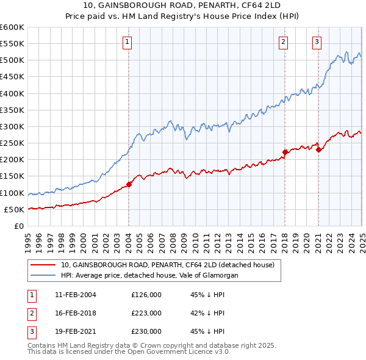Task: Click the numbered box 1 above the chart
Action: click(127, 42)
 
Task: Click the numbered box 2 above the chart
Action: click(284, 42)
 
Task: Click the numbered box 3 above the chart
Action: click(317, 42)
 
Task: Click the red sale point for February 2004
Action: click(129, 184)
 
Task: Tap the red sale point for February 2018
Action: click(285, 152)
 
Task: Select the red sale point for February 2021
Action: click(318, 149)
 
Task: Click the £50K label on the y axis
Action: click(15, 209)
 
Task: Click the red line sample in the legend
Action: click(43, 265)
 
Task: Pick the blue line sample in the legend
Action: click(43, 275)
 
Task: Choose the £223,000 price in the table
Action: click(146, 313)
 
